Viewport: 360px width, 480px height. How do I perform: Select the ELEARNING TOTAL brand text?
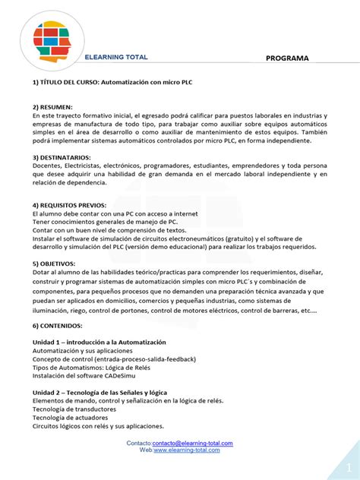pos(116,58)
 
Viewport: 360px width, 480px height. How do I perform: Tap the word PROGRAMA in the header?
pos(287,58)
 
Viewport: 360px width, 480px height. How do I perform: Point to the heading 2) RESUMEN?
pos(52,107)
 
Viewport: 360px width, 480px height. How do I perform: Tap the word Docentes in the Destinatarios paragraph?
pos(48,166)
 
